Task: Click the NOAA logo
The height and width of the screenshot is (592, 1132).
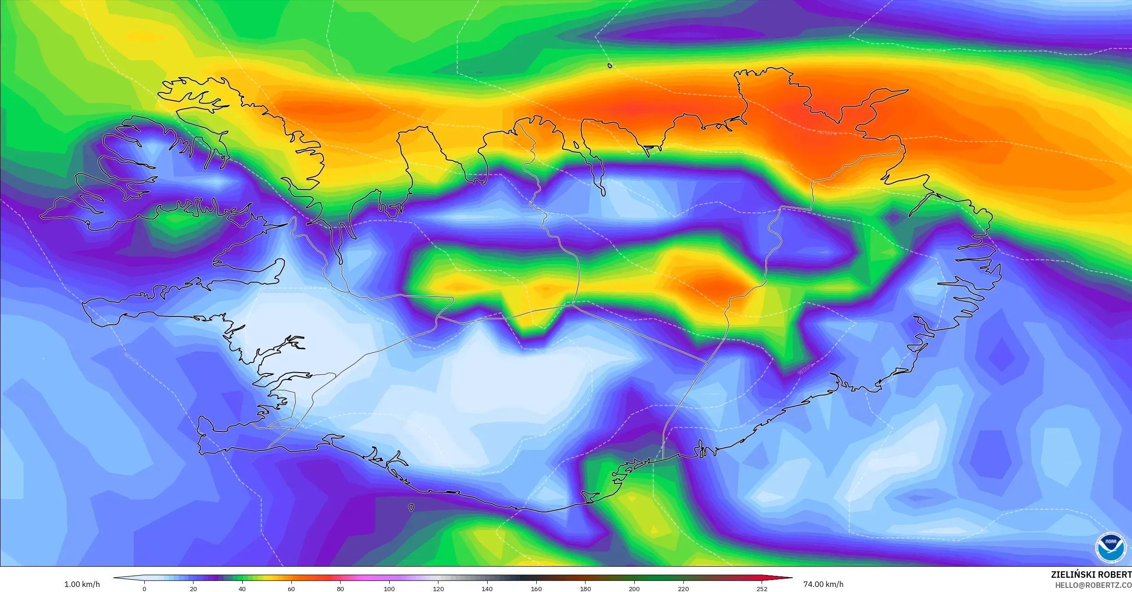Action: [x=1110, y=547]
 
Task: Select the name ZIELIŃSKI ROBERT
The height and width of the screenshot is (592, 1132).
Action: [x=1091, y=575]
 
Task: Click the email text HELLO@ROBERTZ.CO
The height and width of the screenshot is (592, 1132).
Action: [x=1093, y=585]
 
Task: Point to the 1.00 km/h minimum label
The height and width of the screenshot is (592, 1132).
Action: [x=82, y=584]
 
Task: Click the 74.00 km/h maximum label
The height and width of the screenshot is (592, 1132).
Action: [x=823, y=584]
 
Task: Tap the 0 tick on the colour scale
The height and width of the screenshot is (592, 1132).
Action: [x=144, y=589]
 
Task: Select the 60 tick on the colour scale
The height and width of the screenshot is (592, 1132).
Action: [x=291, y=589]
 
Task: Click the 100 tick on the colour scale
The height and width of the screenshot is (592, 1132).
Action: [x=389, y=589]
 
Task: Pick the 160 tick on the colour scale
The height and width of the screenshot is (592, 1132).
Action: [x=536, y=589]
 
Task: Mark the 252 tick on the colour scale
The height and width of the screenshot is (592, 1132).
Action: [x=762, y=589]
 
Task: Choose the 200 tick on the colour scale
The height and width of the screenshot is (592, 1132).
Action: [x=634, y=589]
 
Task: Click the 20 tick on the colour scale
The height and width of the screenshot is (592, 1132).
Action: [x=193, y=589]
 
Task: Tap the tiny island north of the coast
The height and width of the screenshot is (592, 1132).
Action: [x=610, y=66]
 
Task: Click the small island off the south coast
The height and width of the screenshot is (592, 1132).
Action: [x=411, y=508]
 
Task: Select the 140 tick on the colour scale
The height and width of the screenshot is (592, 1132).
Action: [x=487, y=589]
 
